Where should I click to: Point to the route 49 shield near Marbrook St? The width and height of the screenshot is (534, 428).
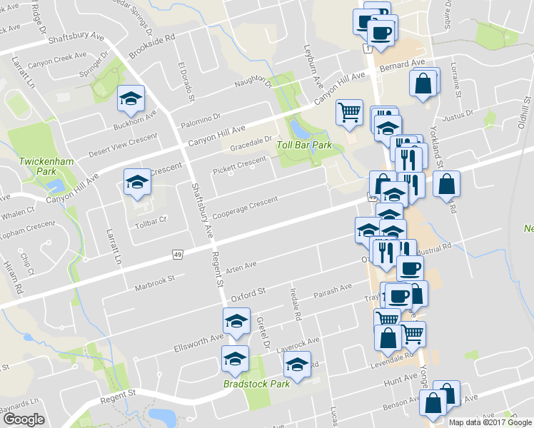[x=178, y=253]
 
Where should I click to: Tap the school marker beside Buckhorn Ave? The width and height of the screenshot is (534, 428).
[x=131, y=99]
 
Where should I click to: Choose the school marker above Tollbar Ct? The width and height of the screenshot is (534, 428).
[x=137, y=183]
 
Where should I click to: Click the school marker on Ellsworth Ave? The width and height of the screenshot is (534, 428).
[x=236, y=322]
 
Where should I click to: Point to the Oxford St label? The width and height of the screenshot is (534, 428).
[x=248, y=292]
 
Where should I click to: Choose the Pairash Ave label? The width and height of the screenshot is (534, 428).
[x=333, y=289]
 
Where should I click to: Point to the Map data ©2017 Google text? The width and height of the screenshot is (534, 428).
[x=489, y=422]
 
